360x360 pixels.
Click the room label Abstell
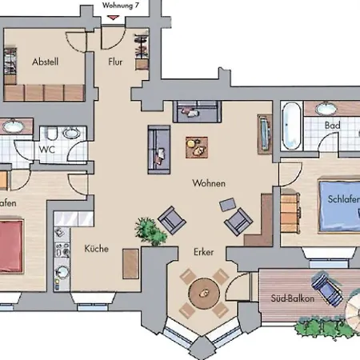coord(46,62)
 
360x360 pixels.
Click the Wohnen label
coord(209,183)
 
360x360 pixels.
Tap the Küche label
coord(97,249)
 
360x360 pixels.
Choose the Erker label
coord(204,252)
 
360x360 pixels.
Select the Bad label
coord(334,126)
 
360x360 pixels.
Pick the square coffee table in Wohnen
coord(196,146)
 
